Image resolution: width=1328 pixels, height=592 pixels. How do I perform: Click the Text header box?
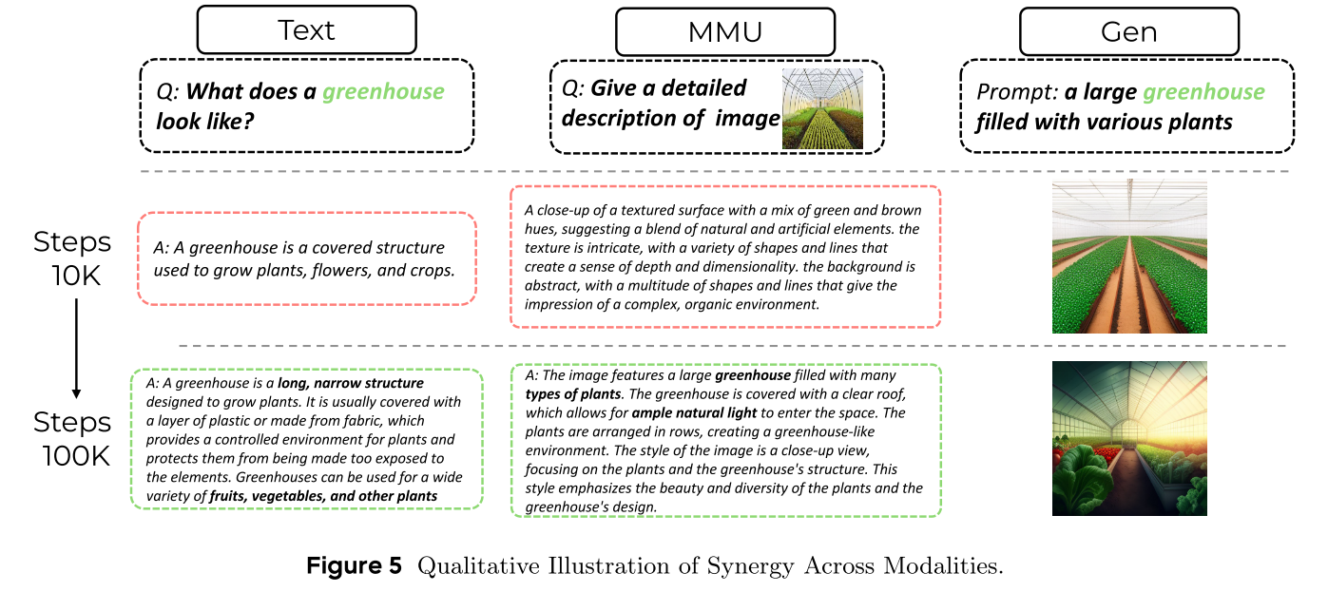click(x=306, y=29)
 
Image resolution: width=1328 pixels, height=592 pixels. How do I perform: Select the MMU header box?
click(x=724, y=31)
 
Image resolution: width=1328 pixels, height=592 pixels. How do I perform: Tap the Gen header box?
click(x=1128, y=31)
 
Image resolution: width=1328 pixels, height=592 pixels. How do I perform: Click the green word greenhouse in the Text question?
click(x=383, y=92)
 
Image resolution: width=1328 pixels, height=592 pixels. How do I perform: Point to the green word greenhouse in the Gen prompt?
click(x=1203, y=92)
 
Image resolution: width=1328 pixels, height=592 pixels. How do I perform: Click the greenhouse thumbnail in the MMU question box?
click(x=822, y=108)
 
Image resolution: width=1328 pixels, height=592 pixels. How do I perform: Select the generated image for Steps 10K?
click(x=1129, y=257)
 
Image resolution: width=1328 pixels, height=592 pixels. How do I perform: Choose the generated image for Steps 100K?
click(x=1129, y=438)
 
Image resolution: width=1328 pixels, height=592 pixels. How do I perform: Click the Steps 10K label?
click(x=72, y=258)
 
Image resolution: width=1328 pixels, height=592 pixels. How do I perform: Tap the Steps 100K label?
click(x=72, y=438)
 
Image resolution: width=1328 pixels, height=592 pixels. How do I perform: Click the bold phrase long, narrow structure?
click(x=351, y=384)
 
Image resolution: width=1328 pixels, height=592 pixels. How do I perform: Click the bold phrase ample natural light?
click(x=694, y=413)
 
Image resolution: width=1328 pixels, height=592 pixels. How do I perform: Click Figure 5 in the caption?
click(x=355, y=566)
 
